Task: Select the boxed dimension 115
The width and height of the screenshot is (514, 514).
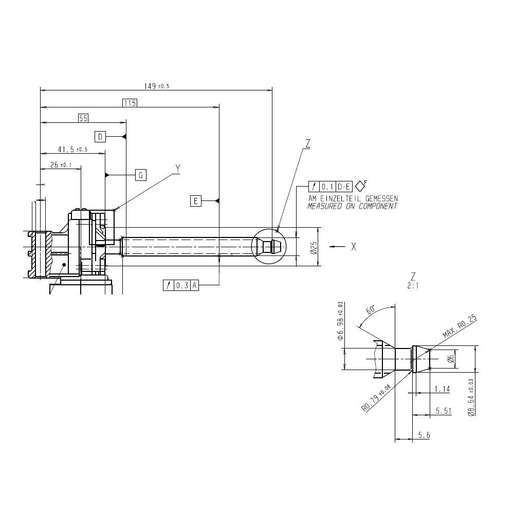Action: point(130,103)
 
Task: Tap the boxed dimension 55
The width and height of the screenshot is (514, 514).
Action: point(84,118)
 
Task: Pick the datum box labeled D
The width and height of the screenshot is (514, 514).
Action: point(101,136)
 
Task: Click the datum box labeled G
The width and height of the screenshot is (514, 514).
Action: point(141,175)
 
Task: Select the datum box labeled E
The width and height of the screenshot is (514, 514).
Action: point(195,200)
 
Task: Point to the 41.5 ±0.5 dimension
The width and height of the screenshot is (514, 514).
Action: point(72,150)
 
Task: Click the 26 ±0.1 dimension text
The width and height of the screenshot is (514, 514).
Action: point(61,166)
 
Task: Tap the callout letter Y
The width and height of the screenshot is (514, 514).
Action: point(178,168)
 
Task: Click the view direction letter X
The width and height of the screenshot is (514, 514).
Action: point(354,247)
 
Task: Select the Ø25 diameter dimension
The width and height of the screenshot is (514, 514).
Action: point(314,247)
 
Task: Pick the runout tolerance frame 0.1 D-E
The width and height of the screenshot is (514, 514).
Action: point(331,186)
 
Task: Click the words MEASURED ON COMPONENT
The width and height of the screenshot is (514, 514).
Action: point(352,206)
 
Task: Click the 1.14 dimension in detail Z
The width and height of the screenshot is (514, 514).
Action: point(442,389)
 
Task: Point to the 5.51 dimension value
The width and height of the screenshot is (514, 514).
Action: point(444,411)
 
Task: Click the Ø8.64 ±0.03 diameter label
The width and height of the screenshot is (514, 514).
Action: point(471,397)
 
